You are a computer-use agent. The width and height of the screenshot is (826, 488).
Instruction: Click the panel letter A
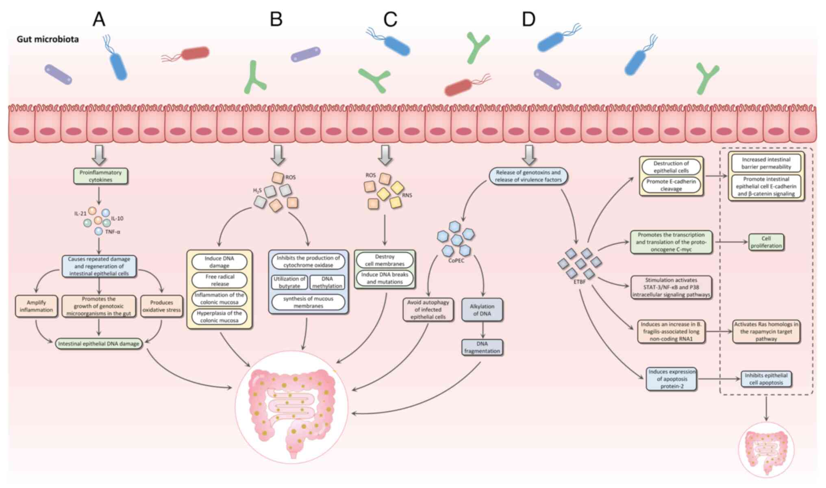99,19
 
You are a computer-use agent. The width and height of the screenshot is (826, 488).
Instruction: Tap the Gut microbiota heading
48,39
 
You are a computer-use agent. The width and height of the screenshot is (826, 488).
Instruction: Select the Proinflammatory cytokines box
100,176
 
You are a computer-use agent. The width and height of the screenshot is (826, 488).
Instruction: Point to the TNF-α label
113,232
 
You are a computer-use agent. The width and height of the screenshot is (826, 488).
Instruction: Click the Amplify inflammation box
36,306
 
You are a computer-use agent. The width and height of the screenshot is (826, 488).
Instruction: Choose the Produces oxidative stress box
161,306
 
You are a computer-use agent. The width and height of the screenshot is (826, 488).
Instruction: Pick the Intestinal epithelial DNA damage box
99,344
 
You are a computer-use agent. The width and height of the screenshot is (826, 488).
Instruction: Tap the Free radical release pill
220,280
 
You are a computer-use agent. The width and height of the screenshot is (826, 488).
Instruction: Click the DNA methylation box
327,282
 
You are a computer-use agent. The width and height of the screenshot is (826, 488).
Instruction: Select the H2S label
257,190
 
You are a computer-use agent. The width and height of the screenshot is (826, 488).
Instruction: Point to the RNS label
407,195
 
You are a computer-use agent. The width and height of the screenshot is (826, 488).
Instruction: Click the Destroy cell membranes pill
385,260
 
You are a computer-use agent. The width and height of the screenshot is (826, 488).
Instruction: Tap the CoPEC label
456,261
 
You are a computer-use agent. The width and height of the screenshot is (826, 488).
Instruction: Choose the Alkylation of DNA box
482,310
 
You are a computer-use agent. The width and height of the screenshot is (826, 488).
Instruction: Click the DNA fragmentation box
482,348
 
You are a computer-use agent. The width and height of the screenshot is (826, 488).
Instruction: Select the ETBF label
579,282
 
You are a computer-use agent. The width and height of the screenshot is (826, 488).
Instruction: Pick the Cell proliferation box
766,242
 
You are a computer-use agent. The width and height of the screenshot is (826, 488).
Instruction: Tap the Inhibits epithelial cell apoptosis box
766,379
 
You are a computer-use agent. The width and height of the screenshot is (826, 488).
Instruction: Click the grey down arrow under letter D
528,155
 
